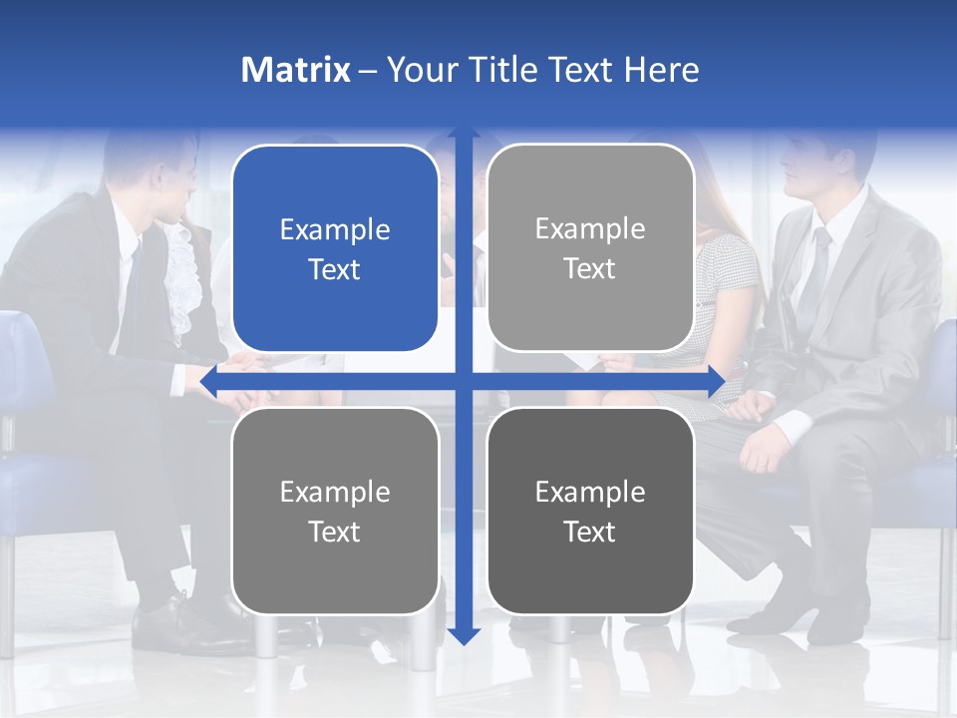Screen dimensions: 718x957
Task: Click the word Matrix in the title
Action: pyautogui.click(x=295, y=70)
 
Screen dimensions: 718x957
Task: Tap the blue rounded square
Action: pyautogui.click(x=335, y=248)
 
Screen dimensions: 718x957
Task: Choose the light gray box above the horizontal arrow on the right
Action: pyautogui.click(x=590, y=248)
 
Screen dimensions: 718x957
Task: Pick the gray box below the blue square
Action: pyautogui.click(x=335, y=511)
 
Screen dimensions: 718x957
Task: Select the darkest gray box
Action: pyautogui.click(x=590, y=511)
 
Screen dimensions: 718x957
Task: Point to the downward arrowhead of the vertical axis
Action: pyautogui.click(x=464, y=636)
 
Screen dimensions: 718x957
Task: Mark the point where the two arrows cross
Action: pyautogui.click(x=464, y=382)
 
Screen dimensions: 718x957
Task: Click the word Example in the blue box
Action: pyautogui.click(x=335, y=229)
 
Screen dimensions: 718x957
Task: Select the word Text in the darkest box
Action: pyautogui.click(x=590, y=532)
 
